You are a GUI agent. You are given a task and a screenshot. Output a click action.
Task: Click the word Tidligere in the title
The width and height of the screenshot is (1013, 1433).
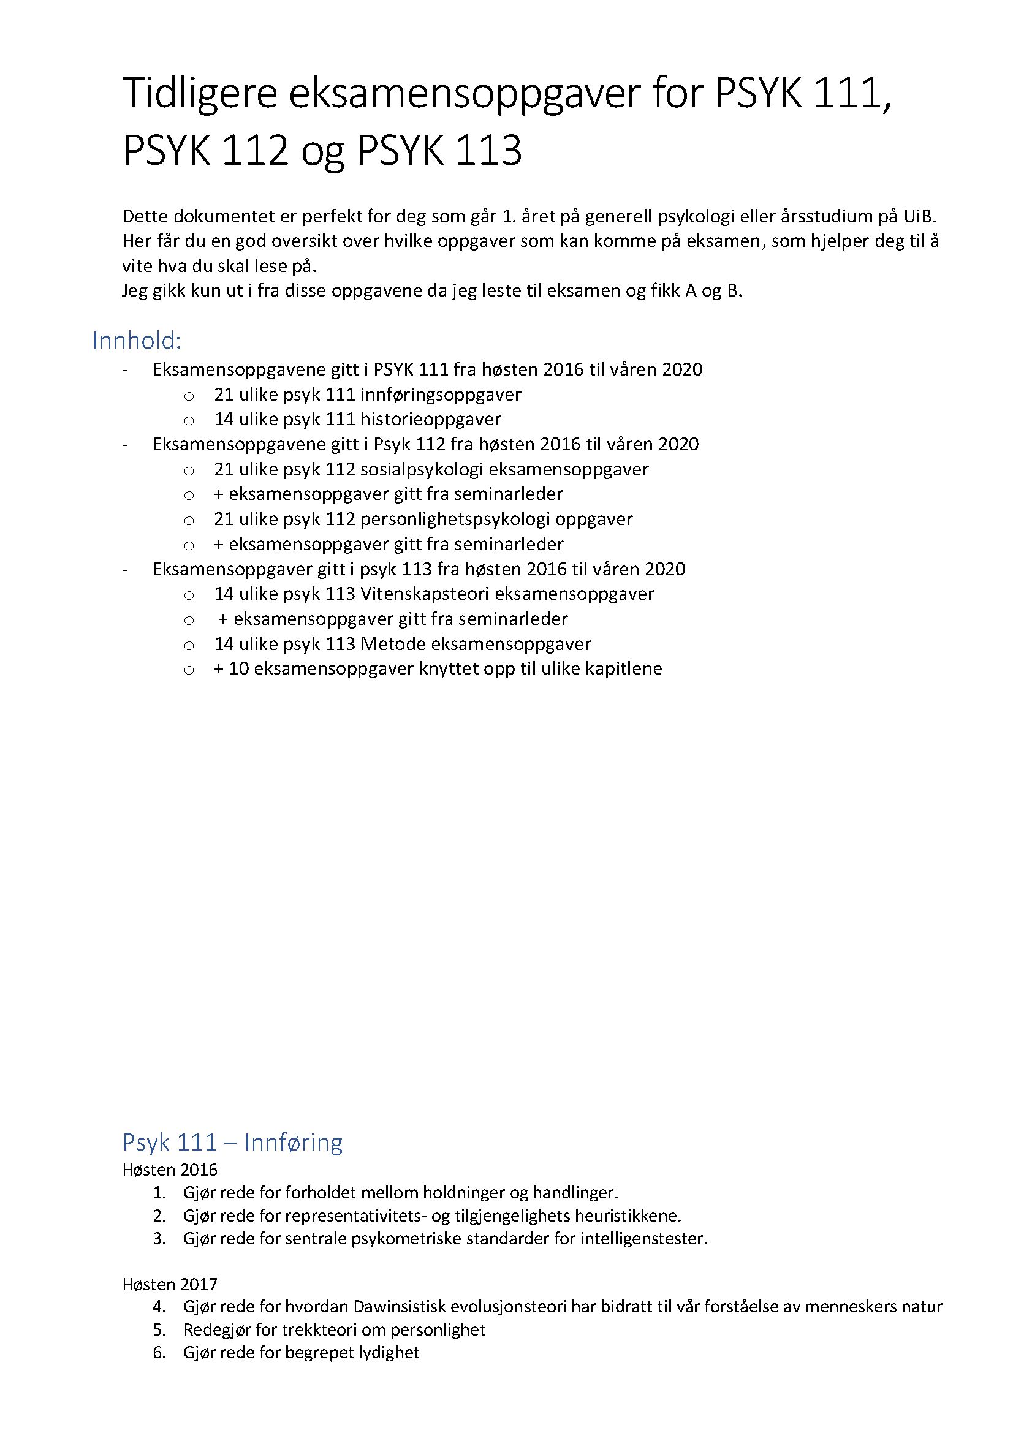(x=199, y=94)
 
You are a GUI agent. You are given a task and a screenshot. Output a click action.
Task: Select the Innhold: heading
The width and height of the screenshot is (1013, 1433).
(x=137, y=341)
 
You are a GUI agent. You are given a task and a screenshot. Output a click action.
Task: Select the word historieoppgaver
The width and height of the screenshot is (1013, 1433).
(x=430, y=419)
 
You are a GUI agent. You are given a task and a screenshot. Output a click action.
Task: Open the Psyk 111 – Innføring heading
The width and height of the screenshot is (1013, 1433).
(x=232, y=1142)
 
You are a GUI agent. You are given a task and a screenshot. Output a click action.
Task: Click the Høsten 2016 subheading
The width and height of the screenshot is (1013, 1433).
(x=170, y=1170)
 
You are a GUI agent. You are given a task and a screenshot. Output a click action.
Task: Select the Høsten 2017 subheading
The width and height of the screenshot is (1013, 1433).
(x=170, y=1285)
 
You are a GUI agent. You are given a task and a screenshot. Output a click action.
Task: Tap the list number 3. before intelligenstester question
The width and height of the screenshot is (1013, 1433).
(x=160, y=1238)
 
